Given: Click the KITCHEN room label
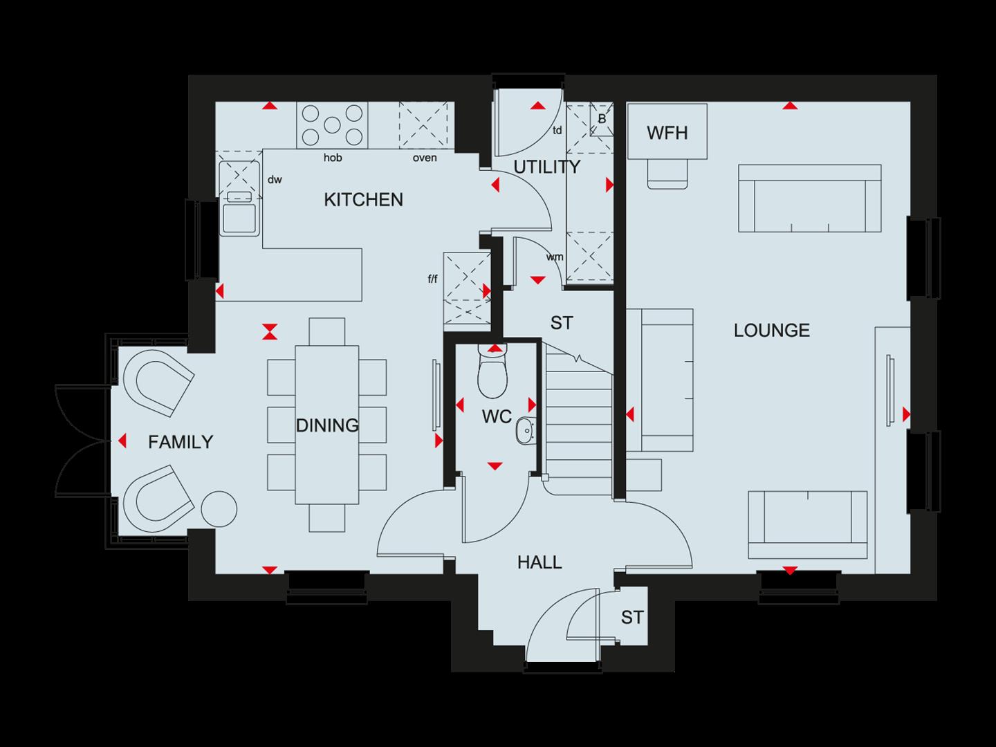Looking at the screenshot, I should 363,200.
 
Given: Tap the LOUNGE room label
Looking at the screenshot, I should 771,330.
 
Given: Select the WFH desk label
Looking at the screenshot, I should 667,132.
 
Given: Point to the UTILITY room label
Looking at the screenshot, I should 546,167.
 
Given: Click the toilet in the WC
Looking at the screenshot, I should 493,375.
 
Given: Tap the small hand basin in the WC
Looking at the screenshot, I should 525,430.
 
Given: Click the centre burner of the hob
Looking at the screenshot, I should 333,125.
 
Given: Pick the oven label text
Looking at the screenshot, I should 425,158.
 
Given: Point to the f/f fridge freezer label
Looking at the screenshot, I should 433,279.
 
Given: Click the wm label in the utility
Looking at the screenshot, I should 554,257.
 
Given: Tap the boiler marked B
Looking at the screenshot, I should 602,119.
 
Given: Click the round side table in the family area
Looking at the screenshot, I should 219,509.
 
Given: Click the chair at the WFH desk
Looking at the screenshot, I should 667,173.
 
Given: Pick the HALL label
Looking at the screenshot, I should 539,563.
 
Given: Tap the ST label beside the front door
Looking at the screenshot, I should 631,617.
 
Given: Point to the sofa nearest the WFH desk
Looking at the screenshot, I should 809,198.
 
